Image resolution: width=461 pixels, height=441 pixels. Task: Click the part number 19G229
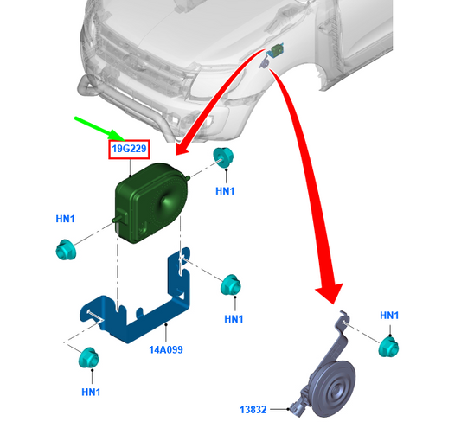[x=129, y=149]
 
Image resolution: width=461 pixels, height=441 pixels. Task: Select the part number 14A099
[x=166, y=349]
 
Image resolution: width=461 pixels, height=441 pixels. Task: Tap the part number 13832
[x=253, y=410]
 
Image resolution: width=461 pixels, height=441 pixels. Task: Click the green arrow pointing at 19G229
[x=101, y=129]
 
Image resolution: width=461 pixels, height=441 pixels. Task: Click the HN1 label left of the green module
[x=65, y=219]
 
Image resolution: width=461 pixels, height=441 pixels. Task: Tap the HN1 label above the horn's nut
[x=389, y=316]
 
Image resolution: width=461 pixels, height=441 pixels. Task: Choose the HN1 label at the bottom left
[x=91, y=393]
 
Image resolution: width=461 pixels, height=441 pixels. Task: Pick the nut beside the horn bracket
[x=388, y=347]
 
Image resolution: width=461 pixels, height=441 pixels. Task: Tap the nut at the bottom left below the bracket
[x=88, y=358]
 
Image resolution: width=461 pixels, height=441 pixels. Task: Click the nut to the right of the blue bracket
[x=231, y=284]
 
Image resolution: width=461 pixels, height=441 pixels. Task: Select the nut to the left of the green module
[x=66, y=250]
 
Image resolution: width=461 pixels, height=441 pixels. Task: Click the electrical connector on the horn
[x=297, y=406]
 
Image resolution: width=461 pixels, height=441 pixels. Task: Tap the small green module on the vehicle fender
[x=278, y=49]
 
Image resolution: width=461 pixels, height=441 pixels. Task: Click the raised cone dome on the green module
[x=166, y=202]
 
